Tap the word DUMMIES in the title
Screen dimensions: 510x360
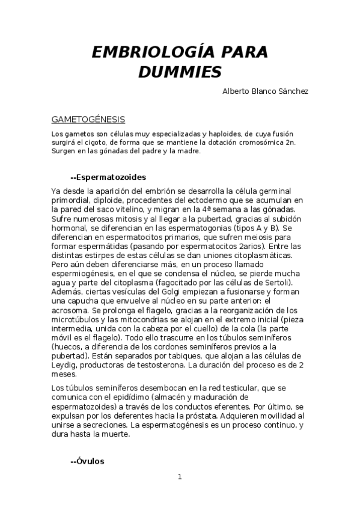tap(180, 72)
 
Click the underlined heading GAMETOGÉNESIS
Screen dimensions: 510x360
tap(88, 119)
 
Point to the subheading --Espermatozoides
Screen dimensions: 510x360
tap(108, 177)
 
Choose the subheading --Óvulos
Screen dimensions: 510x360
tap(87, 461)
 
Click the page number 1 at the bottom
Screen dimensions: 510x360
tap(179, 477)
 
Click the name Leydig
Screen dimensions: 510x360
tap(65, 365)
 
